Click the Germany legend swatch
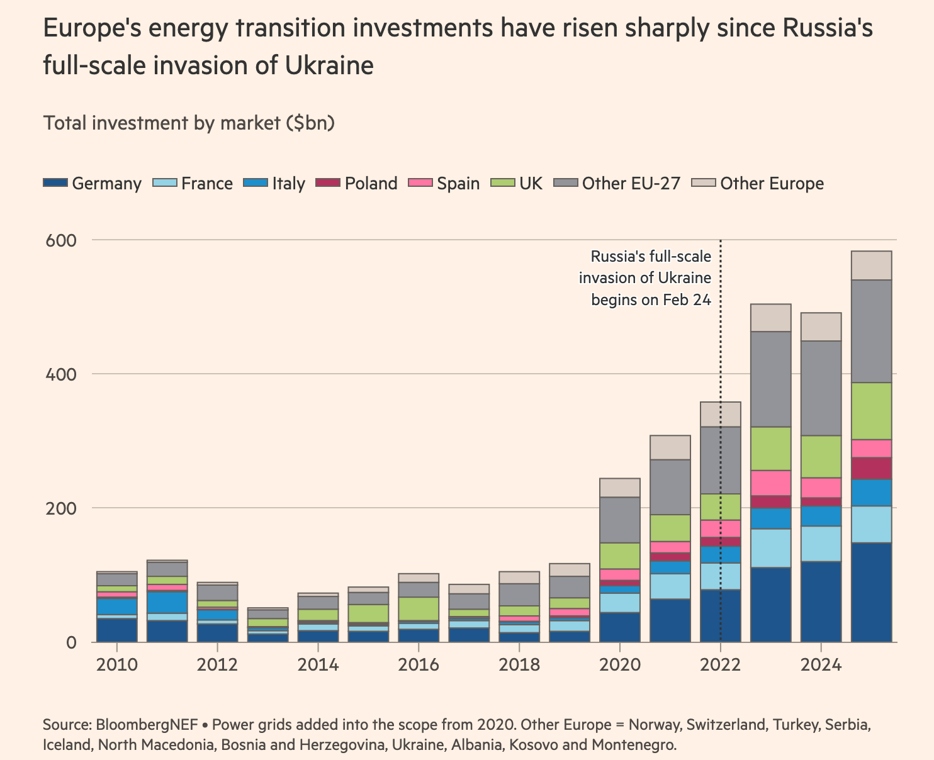coord(55,183)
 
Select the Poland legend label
coord(371,183)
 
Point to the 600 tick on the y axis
coord(60,240)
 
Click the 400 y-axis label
coord(60,374)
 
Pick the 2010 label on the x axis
coord(116,665)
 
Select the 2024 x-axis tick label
coord(821,665)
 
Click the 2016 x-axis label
coord(419,665)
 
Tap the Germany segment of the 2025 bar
coord(871,591)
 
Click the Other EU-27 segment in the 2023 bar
coord(770,379)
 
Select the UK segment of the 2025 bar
coord(871,410)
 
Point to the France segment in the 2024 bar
coord(821,544)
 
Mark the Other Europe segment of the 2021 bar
coord(670,447)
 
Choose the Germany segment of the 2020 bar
coord(620,627)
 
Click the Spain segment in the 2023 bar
coord(770,483)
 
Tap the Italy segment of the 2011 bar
coord(167,602)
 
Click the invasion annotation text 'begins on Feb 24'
coord(651,299)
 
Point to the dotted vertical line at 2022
coord(720,352)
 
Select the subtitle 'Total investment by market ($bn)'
coord(188,123)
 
